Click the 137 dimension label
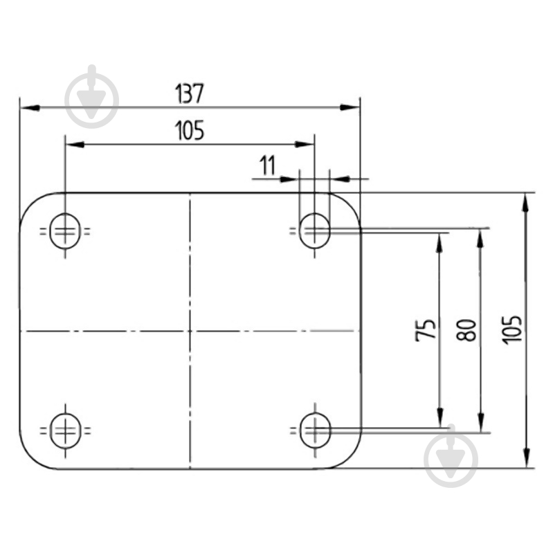coord(190,93)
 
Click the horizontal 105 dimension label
coord(190,130)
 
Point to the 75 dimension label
coord(426,329)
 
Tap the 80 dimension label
coord(466,329)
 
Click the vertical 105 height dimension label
coord(511,330)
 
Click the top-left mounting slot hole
coord(65,231)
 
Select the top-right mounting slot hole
coord(315,231)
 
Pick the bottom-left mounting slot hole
coord(66,430)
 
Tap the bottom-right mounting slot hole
coord(316,430)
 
